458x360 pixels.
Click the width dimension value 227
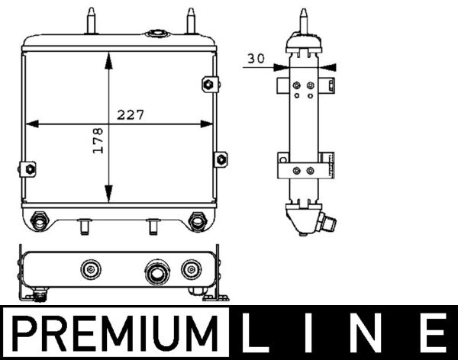pyautogui.click(x=131, y=114)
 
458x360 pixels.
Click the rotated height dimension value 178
pyautogui.click(x=97, y=141)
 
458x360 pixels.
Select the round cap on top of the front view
pyautogui.click(x=157, y=34)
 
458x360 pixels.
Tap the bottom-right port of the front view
pyautogui.click(x=196, y=222)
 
